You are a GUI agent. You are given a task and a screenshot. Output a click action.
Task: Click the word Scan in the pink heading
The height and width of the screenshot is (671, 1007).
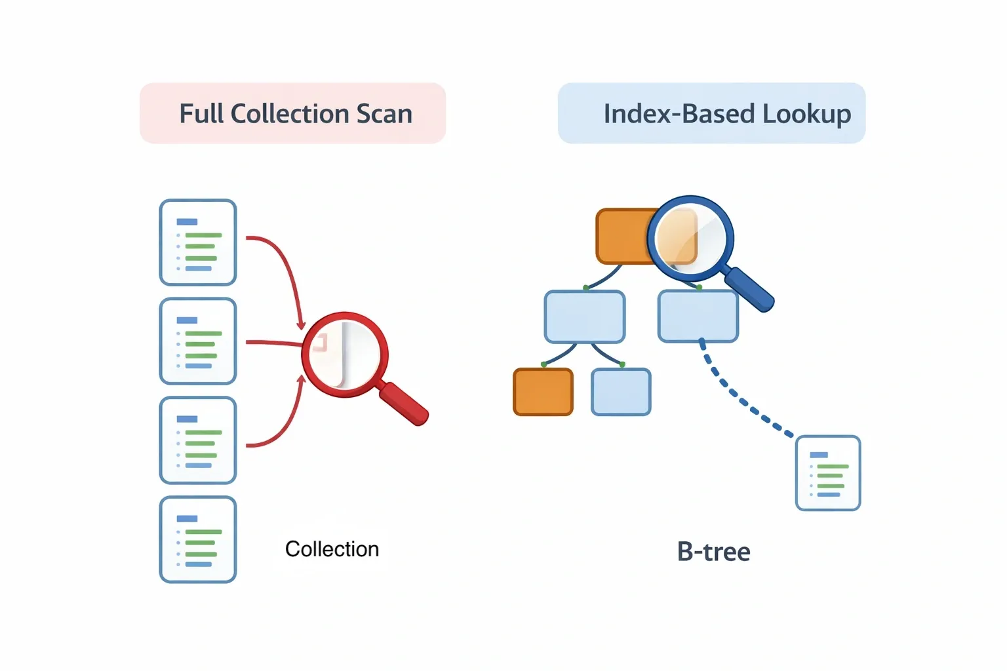click(384, 114)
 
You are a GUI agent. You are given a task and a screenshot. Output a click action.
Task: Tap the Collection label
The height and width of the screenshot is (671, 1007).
click(332, 549)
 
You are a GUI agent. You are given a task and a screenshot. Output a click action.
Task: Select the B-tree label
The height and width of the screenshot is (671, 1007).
click(713, 552)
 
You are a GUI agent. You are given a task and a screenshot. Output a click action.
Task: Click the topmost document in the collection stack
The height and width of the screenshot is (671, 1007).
click(198, 242)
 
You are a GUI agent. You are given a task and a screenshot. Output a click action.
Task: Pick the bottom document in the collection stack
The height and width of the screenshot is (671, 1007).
click(198, 540)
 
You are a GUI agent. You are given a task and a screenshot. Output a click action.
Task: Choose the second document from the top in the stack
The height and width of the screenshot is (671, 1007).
click(198, 341)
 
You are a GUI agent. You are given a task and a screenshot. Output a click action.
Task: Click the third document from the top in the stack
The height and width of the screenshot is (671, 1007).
click(198, 440)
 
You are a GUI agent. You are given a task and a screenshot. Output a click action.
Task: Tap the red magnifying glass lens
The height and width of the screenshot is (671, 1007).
click(345, 355)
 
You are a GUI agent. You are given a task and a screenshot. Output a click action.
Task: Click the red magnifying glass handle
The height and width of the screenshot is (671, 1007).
click(404, 403)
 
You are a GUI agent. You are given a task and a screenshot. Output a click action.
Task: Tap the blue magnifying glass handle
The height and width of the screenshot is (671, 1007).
click(750, 289)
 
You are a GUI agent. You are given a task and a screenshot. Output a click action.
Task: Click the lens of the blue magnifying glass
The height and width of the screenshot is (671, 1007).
click(690, 238)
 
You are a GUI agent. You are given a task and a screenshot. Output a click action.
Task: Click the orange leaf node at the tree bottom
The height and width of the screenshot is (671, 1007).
click(543, 392)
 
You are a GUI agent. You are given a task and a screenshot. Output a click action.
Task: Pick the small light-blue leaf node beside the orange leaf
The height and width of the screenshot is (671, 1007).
click(621, 392)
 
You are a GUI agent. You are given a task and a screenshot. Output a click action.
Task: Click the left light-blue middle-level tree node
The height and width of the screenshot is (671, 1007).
click(585, 316)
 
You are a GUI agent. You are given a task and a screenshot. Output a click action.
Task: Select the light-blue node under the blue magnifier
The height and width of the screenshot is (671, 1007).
click(698, 317)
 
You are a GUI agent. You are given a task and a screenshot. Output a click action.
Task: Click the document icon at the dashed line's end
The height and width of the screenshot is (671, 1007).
click(828, 473)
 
